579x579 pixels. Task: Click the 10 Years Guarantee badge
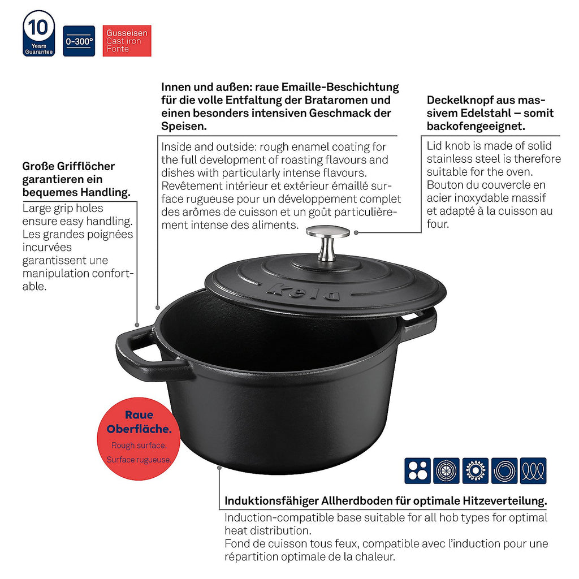point(39,33)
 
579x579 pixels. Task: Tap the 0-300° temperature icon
point(79,41)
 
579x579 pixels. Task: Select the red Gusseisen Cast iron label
point(127,41)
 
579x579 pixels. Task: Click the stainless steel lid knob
point(327,243)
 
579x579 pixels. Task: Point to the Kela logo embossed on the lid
point(303,291)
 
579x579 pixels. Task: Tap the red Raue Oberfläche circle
point(139,439)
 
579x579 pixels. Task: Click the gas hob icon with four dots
point(418,471)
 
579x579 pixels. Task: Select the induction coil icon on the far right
point(533,471)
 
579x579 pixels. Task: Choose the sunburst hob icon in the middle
point(475,471)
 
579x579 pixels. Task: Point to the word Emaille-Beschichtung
point(340,87)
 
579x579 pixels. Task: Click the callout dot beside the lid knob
point(356,232)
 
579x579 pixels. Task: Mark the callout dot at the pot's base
point(219,468)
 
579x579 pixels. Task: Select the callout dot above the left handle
point(137,325)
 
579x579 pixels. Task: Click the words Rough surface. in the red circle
point(139,446)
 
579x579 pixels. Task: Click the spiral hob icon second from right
point(504,471)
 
